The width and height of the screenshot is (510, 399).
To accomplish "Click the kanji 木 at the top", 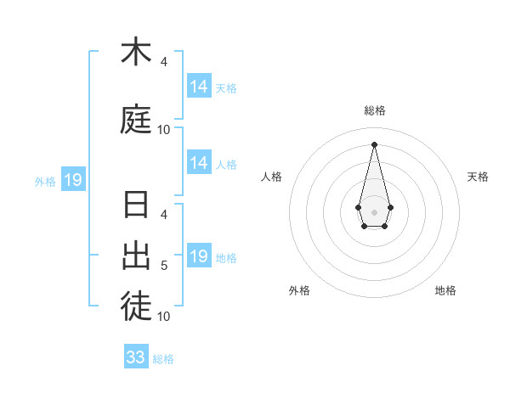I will click(x=136, y=52).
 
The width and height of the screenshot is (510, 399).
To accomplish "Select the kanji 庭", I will click(x=136, y=120).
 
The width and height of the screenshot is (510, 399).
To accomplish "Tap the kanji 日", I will click(x=136, y=206).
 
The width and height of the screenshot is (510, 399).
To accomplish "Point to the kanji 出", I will click(x=136, y=256).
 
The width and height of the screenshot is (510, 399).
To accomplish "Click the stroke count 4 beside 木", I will click(x=164, y=62).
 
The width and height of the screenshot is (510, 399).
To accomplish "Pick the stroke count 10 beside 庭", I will click(x=164, y=130).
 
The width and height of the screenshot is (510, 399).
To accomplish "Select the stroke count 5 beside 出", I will click(x=164, y=266).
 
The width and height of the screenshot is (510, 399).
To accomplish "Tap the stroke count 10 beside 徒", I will click(x=164, y=317).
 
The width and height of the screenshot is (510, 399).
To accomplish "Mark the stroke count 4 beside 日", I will click(x=164, y=215).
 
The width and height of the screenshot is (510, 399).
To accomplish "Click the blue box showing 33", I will click(x=136, y=357).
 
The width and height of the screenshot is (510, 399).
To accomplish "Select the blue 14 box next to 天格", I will click(x=199, y=87).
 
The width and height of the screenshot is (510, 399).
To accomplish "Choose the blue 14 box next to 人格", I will click(x=199, y=163).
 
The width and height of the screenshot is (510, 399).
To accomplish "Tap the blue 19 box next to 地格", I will click(x=199, y=256).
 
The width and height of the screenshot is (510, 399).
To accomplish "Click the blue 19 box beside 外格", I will click(x=72, y=180).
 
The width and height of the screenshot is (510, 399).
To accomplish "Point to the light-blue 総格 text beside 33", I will click(x=163, y=359).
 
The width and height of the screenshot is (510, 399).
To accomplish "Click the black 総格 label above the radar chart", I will click(x=374, y=110).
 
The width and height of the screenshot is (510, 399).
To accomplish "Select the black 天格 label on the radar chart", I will click(x=478, y=177).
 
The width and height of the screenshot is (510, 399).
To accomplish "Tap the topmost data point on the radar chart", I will click(x=374, y=144).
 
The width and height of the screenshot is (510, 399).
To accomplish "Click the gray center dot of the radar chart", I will click(x=374, y=211).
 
